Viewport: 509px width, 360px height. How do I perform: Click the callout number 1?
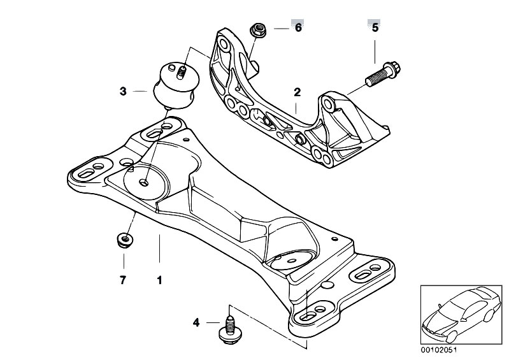(x=160, y=280)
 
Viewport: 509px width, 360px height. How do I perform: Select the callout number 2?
(x=296, y=92)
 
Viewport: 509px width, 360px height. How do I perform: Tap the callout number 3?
(x=122, y=92)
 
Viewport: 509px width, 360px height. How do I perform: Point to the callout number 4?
(x=196, y=324)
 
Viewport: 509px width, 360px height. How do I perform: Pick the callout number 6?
(x=298, y=28)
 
